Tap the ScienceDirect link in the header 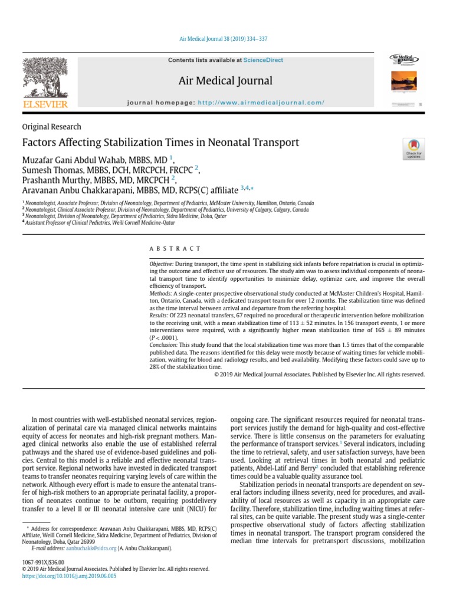[x=263, y=60]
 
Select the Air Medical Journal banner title [x=226, y=81]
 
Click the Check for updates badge [x=412, y=149]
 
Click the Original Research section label [x=51, y=127]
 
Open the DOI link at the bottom [x=69, y=576]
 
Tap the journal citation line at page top [x=226, y=39]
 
